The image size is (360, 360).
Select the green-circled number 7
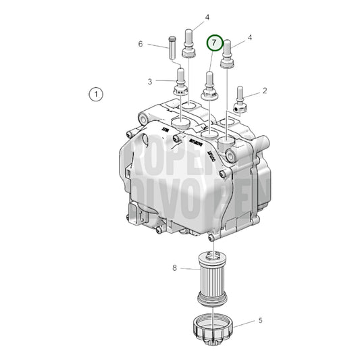214,43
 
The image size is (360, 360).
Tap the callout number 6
141,44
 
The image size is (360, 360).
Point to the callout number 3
151,82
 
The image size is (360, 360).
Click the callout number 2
265,91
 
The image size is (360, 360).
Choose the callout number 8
174,268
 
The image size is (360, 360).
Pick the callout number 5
261,321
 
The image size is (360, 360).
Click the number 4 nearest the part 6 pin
188,17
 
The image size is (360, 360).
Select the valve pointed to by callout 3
180,84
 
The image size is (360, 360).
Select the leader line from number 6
155,45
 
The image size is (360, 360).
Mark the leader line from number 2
253,93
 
